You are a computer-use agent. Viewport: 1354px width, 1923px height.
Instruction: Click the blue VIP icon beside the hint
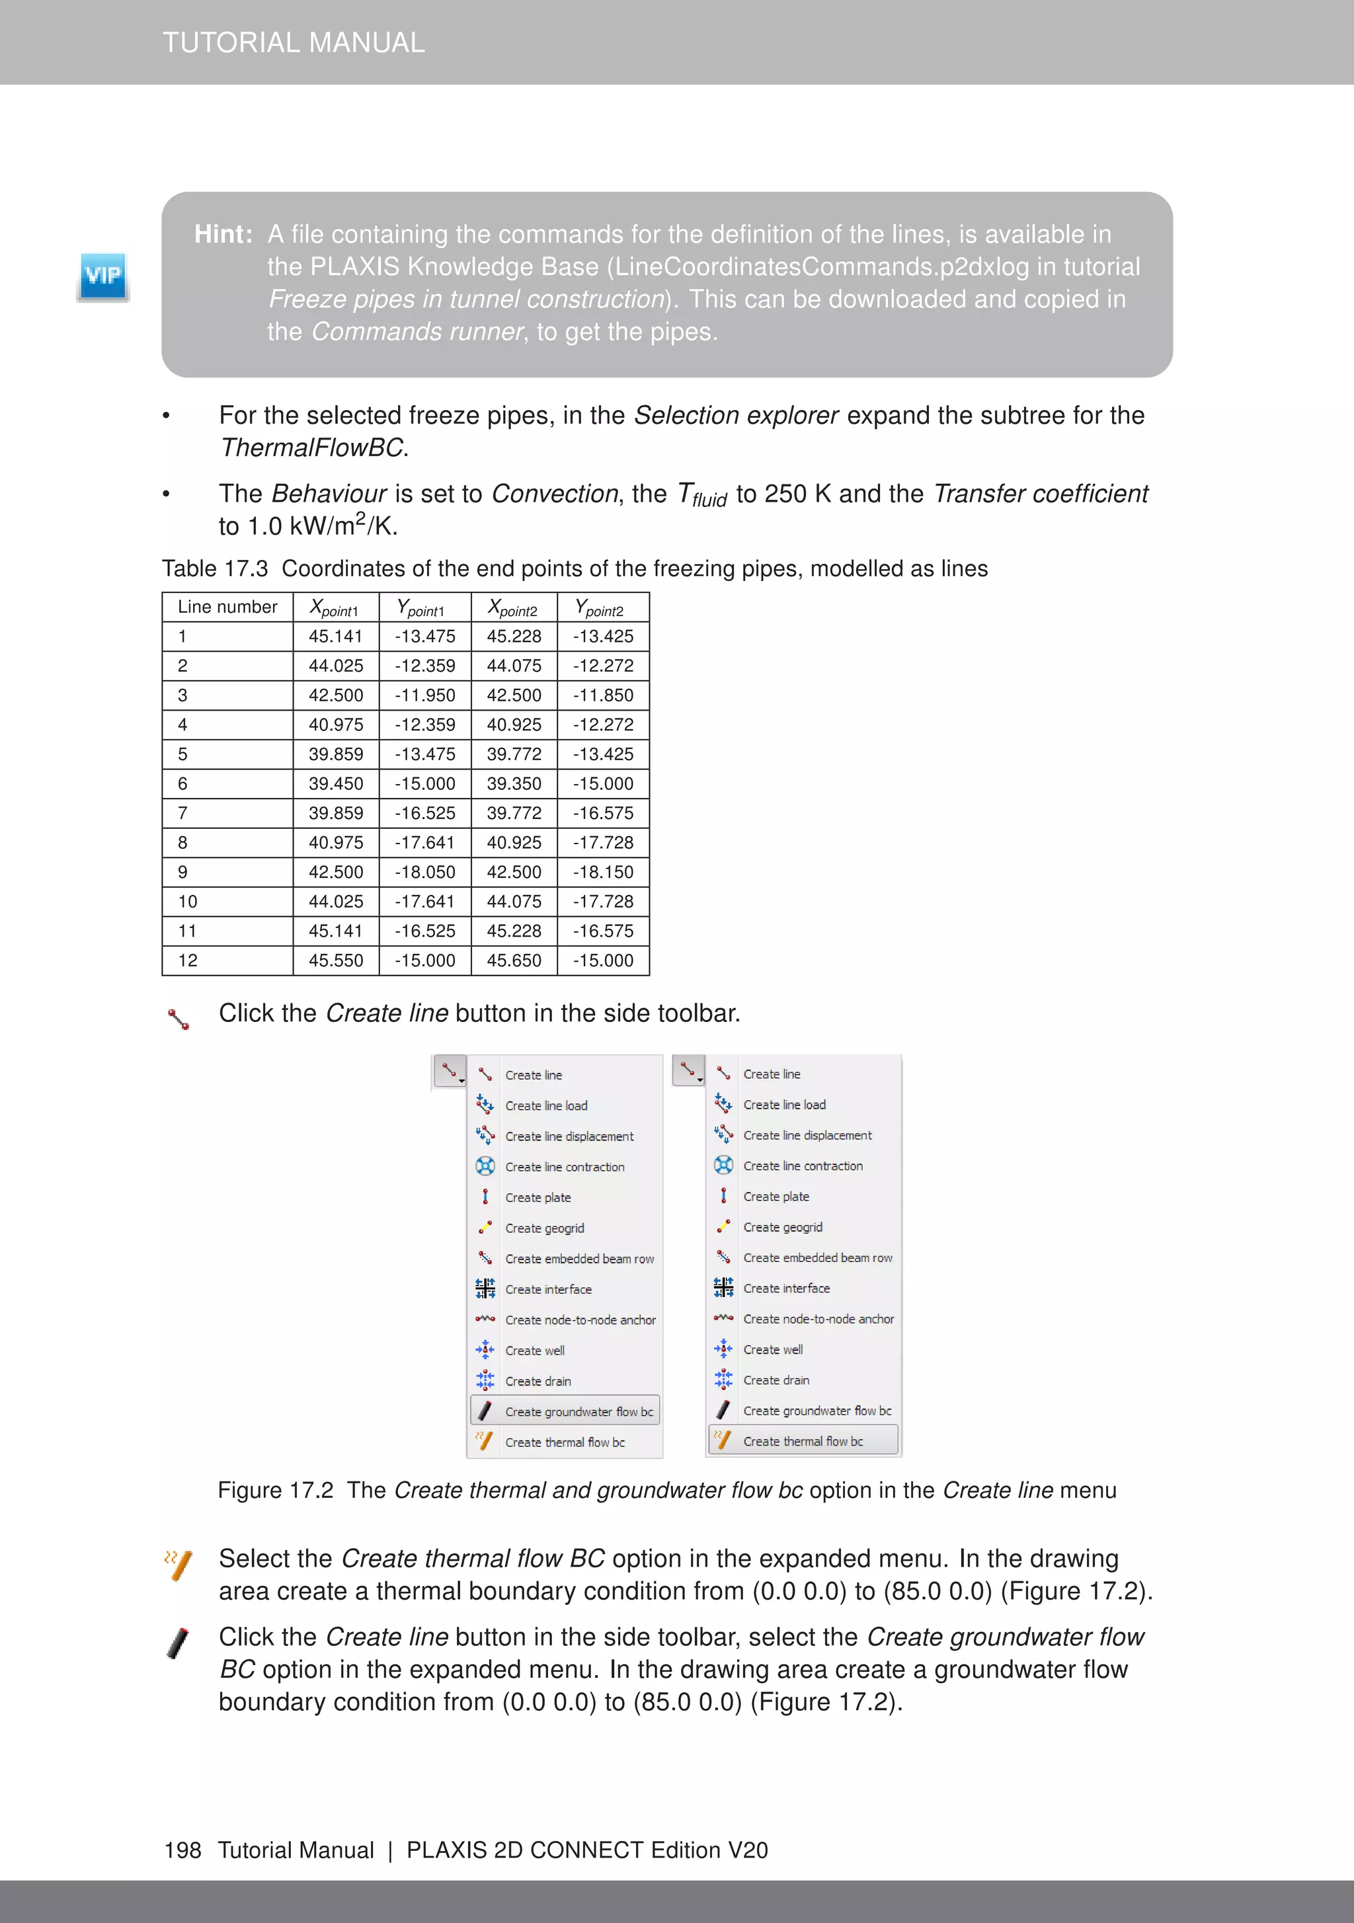point(103,276)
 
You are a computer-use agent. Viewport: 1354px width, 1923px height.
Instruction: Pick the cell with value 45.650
point(514,961)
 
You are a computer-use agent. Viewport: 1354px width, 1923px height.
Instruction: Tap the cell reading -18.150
point(603,872)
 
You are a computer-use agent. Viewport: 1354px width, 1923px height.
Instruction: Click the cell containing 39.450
point(336,784)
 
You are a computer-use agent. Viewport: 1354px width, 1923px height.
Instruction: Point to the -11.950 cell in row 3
point(425,695)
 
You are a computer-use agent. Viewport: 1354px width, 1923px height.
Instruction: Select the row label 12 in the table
point(188,961)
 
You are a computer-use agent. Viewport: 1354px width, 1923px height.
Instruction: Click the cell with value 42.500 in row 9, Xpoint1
point(336,872)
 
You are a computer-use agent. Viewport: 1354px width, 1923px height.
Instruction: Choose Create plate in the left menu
point(538,1198)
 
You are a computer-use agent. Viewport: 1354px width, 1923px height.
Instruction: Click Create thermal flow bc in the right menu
point(803,1441)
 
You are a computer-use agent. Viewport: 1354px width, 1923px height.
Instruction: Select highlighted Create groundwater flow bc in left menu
point(578,1411)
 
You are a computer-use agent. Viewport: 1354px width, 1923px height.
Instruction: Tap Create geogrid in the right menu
point(783,1227)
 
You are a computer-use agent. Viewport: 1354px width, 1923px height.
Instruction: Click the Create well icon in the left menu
point(485,1350)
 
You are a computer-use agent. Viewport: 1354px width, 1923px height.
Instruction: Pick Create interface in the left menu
point(548,1290)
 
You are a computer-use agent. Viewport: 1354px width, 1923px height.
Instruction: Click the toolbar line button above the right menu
point(688,1070)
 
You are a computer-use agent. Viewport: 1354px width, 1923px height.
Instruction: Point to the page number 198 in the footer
point(182,1850)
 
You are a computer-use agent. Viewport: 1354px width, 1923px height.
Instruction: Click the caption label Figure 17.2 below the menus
point(275,1491)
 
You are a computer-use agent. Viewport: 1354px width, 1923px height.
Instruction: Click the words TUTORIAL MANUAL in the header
point(294,43)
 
